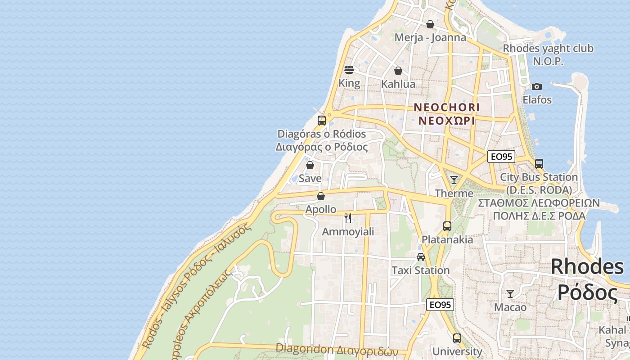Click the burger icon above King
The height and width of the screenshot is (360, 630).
[349, 70]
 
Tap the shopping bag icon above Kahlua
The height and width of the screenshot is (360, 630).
[398, 71]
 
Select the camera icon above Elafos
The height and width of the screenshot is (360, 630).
[536, 86]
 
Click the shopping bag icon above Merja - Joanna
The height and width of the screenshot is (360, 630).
[430, 24]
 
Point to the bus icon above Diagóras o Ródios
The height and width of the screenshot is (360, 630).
[321, 120]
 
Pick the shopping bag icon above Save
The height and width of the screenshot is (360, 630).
[310, 165]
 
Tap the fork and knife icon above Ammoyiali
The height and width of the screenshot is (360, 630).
[348, 218]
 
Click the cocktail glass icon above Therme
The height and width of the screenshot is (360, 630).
[454, 180]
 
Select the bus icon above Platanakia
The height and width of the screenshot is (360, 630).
[447, 226]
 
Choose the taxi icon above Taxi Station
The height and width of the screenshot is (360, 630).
[420, 257]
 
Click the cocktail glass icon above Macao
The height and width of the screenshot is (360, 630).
[510, 294]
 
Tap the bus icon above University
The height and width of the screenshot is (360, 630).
[457, 338]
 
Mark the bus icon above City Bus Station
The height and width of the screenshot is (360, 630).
[539, 164]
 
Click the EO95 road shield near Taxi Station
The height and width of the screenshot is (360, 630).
[440, 305]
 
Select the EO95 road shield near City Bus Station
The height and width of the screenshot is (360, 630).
[501, 157]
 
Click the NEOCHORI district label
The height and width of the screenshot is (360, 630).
[446, 108]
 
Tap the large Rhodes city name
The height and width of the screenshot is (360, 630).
[587, 267]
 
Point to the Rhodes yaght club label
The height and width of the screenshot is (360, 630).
[548, 48]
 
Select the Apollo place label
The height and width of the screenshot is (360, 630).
[320, 209]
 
